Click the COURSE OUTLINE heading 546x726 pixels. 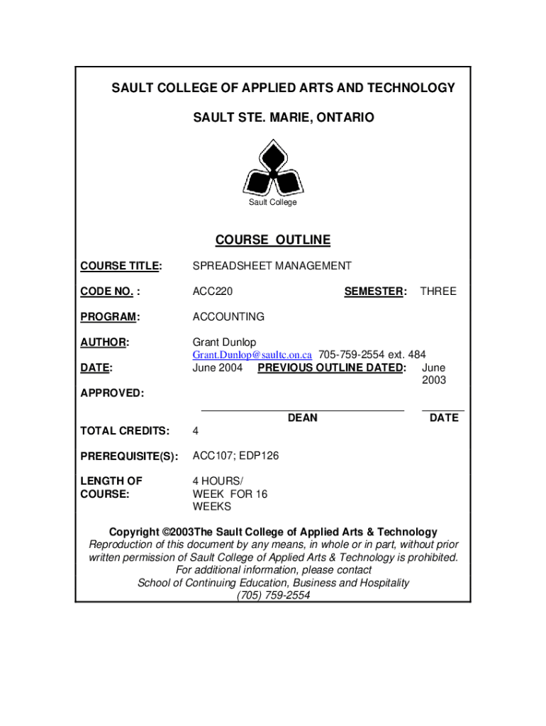(x=273, y=240)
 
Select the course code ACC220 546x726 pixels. (x=213, y=291)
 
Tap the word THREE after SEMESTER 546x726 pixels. (x=438, y=291)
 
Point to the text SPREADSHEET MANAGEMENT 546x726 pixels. (x=272, y=266)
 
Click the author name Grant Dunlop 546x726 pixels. (x=224, y=342)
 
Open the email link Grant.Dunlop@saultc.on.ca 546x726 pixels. (x=252, y=354)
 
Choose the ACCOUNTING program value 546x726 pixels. (x=228, y=317)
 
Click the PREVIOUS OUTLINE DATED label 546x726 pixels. (x=332, y=368)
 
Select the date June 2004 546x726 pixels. (x=218, y=368)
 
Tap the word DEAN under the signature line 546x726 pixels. (x=303, y=418)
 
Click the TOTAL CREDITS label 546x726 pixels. (x=125, y=430)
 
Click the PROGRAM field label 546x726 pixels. (x=109, y=317)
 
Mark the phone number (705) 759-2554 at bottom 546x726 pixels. (x=273, y=596)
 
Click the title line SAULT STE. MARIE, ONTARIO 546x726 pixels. (x=284, y=117)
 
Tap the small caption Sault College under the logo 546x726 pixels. (x=273, y=203)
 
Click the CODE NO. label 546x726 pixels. (x=109, y=291)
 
